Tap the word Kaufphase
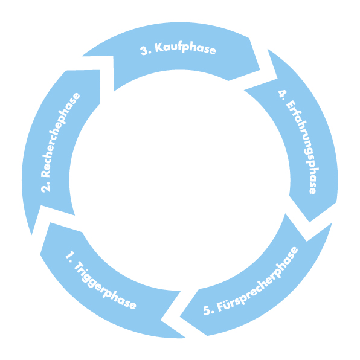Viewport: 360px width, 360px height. click(x=185, y=48)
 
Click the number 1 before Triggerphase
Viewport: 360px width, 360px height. click(x=70, y=255)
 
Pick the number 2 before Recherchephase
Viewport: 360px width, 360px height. click(x=45, y=187)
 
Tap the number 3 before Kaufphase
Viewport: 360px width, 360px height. click(x=144, y=51)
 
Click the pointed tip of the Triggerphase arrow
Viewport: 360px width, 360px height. click(x=40, y=254)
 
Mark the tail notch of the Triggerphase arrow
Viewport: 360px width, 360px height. click(x=161, y=320)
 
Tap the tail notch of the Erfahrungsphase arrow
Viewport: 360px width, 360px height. click(x=278, y=79)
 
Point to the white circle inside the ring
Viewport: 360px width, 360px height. click(x=180, y=180)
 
